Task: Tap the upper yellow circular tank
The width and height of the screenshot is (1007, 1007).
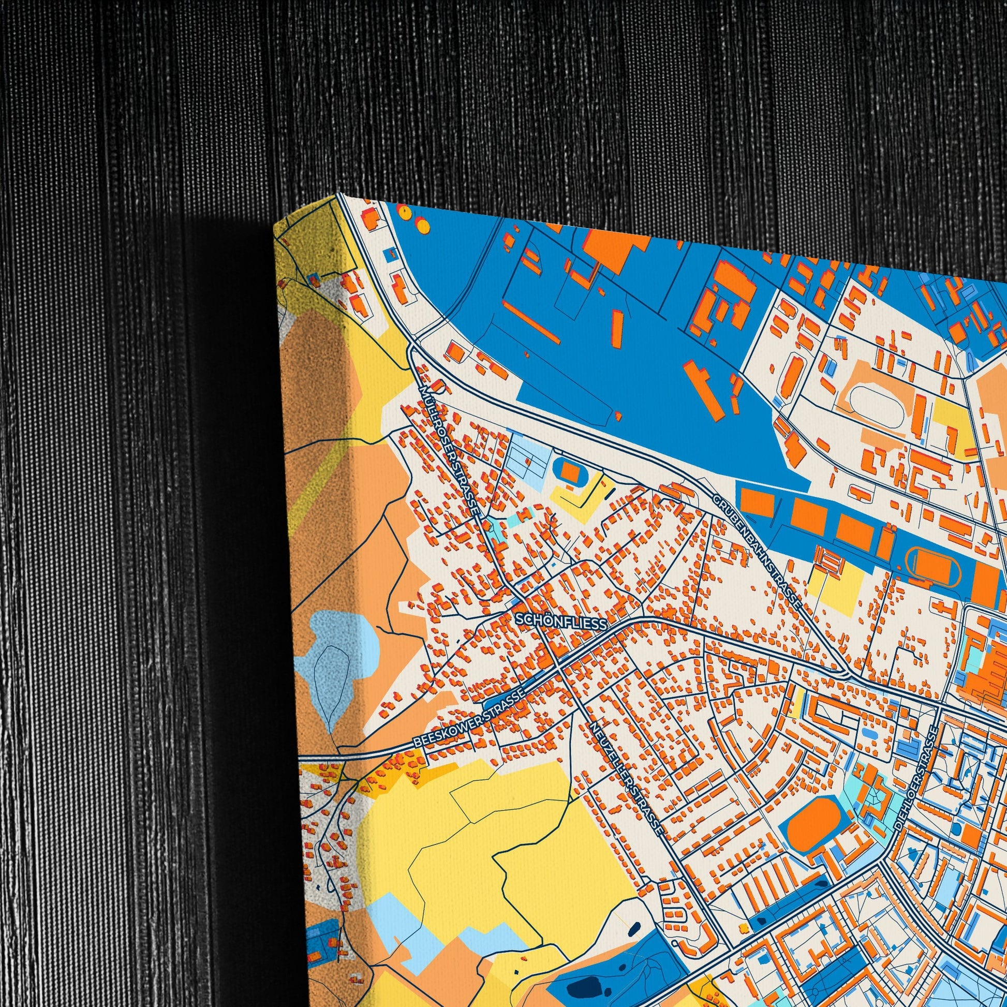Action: pyautogui.click(x=404, y=211)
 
